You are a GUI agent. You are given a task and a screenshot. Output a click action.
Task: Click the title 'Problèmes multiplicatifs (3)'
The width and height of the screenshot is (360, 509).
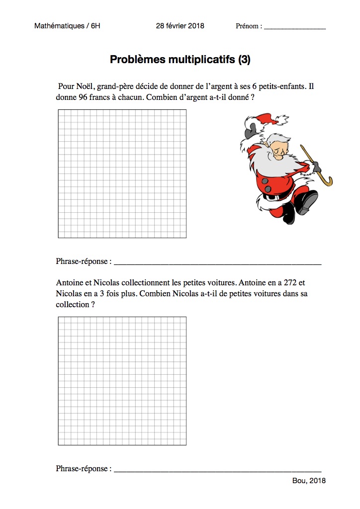[180, 60]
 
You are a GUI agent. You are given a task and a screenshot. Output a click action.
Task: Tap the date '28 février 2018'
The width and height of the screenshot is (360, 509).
[180, 26]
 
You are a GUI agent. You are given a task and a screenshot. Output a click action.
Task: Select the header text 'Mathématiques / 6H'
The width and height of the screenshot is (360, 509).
[67, 26]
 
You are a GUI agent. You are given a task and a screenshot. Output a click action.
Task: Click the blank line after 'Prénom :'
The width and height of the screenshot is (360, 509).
[295, 27]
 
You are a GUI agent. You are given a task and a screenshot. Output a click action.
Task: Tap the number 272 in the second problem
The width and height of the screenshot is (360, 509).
[285, 282]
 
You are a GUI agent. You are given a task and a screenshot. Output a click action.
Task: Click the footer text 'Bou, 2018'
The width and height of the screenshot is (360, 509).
[309, 481]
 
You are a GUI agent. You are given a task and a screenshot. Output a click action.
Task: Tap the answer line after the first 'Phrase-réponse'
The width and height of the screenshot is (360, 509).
[217, 262]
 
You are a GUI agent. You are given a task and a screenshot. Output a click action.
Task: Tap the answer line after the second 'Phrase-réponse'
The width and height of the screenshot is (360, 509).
[217, 469]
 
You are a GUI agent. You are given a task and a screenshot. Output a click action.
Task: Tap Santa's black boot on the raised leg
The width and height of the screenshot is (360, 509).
[307, 201]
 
